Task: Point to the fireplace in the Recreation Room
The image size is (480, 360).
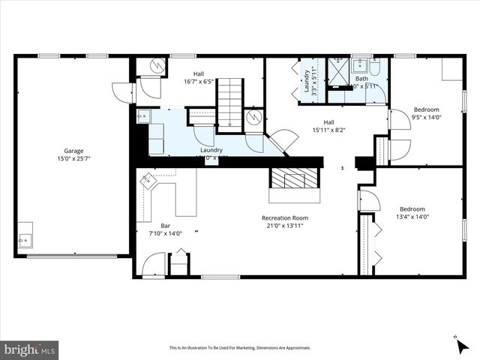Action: (x=294, y=180)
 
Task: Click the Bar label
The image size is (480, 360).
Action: (x=166, y=225)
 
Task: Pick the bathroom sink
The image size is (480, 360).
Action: (x=358, y=64)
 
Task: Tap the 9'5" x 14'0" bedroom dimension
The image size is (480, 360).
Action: (x=427, y=117)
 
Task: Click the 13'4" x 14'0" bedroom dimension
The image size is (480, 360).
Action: (x=412, y=217)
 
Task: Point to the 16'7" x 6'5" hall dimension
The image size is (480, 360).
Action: (x=199, y=82)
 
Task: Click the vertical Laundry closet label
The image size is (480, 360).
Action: (x=307, y=81)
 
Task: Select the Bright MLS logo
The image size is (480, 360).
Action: (x=30, y=349)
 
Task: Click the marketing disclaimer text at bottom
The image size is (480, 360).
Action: (x=240, y=348)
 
